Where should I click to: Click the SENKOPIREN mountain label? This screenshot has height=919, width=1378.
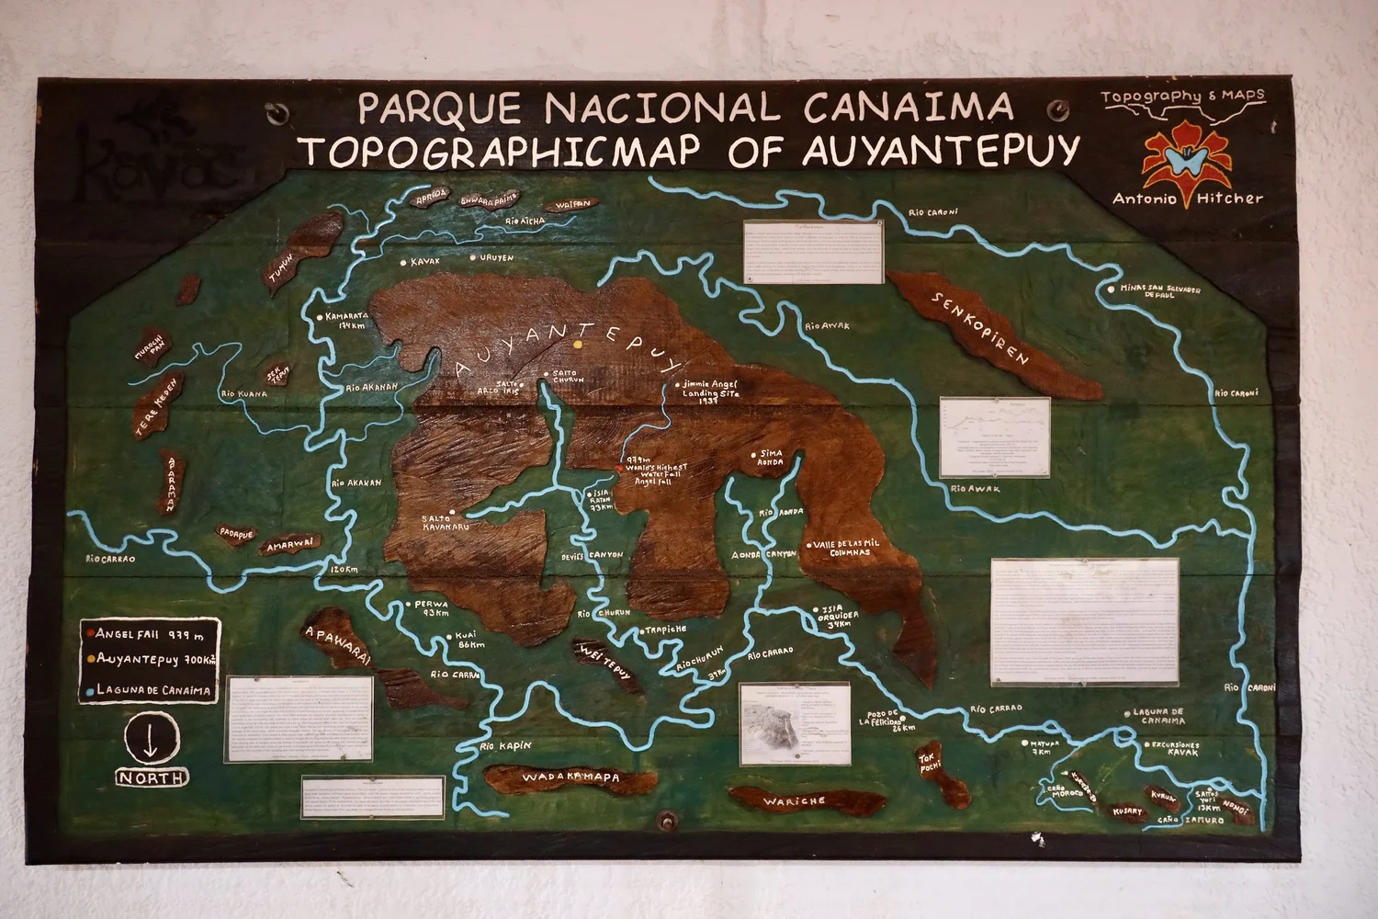(x=980, y=328)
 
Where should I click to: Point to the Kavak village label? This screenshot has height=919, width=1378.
(x=424, y=262)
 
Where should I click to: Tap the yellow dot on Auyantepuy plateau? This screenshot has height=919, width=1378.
(x=578, y=345)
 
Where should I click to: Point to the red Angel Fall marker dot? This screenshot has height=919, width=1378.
(x=618, y=468)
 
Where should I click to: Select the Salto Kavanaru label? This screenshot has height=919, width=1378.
(x=445, y=523)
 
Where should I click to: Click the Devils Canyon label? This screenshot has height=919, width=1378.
(x=592, y=556)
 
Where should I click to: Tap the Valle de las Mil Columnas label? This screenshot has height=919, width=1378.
(x=845, y=548)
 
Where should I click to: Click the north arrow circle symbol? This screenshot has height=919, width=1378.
(x=152, y=738)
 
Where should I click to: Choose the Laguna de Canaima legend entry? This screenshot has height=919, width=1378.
(x=152, y=690)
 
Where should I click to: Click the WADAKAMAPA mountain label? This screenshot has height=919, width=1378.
(x=570, y=777)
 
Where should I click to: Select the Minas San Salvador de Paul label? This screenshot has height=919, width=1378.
(x=1159, y=291)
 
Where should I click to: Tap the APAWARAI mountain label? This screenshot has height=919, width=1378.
(x=337, y=644)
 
